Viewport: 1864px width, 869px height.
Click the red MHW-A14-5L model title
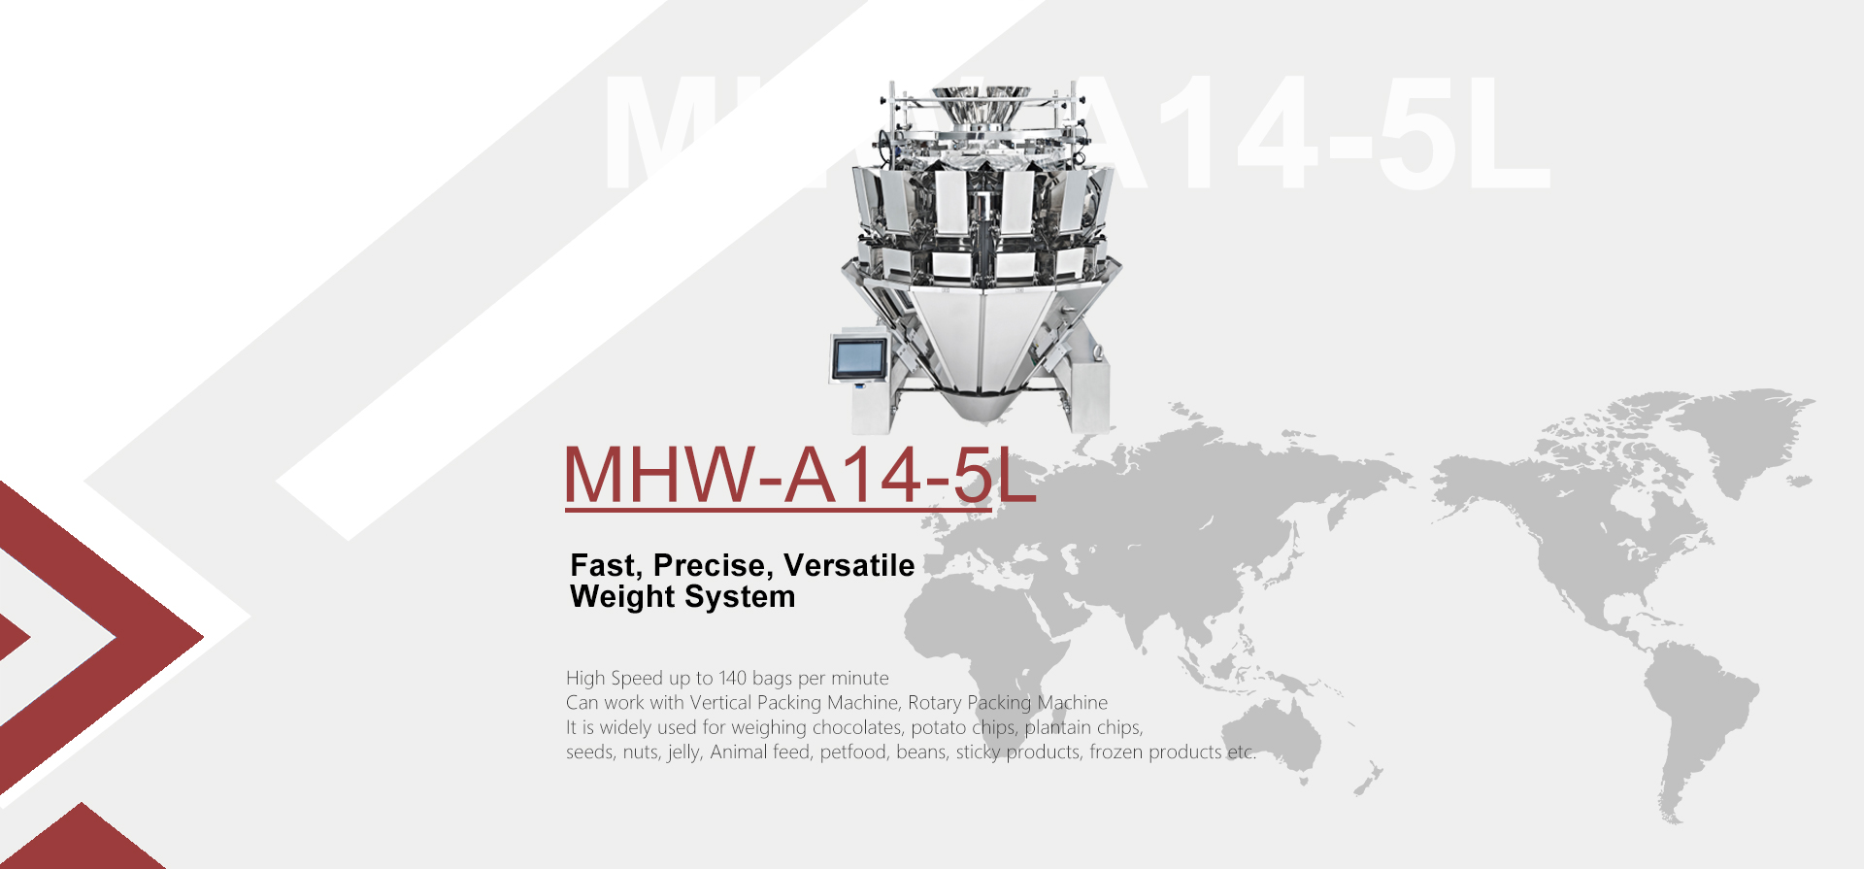(800, 475)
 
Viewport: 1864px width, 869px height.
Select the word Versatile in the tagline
(849, 565)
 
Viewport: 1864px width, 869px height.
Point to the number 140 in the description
(732, 678)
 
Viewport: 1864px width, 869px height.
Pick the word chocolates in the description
(857, 727)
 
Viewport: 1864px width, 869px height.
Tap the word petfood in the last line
(853, 752)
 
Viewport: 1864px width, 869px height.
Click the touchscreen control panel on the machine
(859, 358)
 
